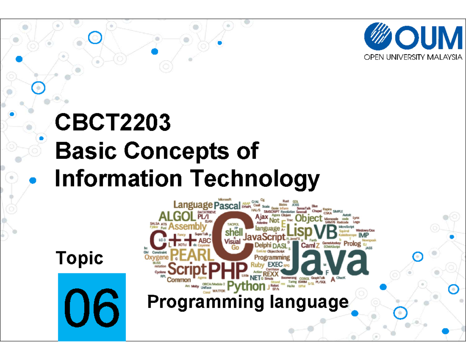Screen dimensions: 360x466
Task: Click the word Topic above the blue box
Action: pyautogui.click(x=80, y=258)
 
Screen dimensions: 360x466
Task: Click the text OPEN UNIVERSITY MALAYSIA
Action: pyautogui.click(x=413, y=58)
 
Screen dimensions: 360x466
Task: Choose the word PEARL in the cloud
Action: pyautogui.click(x=192, y=255)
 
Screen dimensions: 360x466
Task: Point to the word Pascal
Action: pyautogui.click(x=227, y=205)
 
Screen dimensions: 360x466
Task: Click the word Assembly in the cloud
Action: pyautogui.click(x=187, y=226)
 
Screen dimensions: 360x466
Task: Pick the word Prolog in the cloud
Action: pyautogui.click(x=352, y=243)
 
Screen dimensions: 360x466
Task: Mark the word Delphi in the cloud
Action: pyautogui.click(x=263, y=245)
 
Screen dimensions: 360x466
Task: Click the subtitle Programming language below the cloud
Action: pyautogui.click(x=248, y=302)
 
